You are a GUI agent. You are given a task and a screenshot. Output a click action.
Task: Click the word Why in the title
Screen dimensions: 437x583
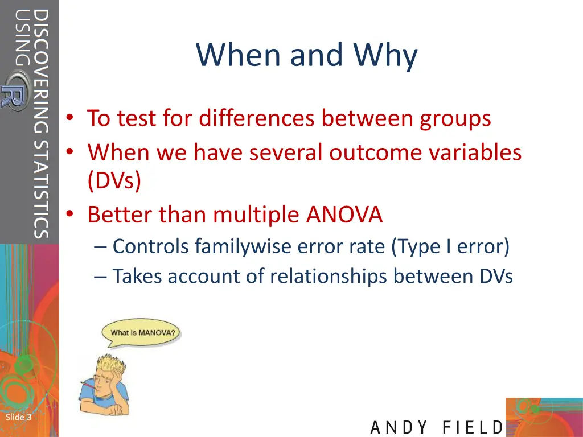point(385,56)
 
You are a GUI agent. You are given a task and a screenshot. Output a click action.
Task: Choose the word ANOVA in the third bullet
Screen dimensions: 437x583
point(344,215)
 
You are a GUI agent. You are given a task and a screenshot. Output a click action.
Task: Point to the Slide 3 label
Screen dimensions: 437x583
point(18,418)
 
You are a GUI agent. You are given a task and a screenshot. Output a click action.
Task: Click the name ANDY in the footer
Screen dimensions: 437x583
point(399,427)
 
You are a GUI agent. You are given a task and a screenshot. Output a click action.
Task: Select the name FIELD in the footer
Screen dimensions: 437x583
point(473,427)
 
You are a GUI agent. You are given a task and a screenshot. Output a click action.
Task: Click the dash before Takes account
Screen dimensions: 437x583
point(101,277)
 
